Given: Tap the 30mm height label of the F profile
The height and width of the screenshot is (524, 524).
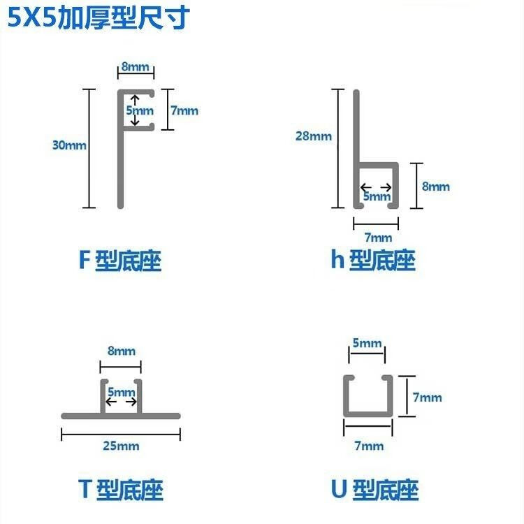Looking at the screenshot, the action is click(69, 145).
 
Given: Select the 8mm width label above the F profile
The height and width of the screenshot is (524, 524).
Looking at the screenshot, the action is click(136, 67).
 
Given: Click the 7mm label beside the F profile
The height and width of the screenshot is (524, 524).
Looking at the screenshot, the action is click(184, 110).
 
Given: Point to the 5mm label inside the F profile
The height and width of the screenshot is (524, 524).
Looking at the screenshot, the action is click(140, 110).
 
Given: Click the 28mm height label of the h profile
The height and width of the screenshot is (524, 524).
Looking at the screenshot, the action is click(314, 136).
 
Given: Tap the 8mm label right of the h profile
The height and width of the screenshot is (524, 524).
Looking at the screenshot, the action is click(436, 187).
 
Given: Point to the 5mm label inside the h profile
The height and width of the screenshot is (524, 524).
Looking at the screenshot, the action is click(377, 197).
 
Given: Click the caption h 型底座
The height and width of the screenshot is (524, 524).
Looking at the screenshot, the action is click(373, 261).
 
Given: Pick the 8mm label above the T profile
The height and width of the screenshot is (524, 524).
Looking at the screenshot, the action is click(122, 351).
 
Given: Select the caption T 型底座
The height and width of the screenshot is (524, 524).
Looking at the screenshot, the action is click(120, 489).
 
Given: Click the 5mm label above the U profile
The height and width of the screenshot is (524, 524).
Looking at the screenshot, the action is click(367, 343).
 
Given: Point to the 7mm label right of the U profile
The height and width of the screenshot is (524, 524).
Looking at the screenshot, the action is click(427, 397).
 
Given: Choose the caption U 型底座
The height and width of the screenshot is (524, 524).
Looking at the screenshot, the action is click(374, 489).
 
